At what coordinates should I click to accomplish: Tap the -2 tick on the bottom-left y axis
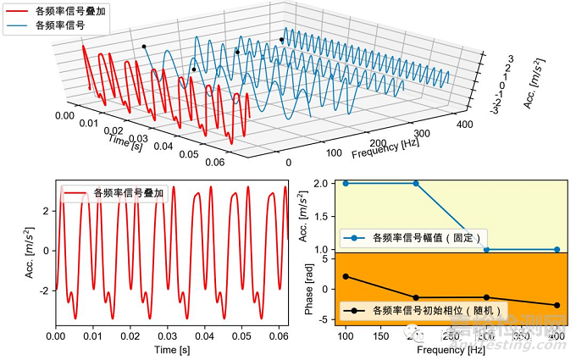[x=47, y=290]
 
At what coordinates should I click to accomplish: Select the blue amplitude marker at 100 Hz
[x=346, y=183]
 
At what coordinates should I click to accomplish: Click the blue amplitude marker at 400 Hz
[x=557, y=250]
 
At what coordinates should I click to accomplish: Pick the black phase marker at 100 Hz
[x=346, y=276]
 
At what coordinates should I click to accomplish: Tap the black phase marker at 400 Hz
[x=557, y=305]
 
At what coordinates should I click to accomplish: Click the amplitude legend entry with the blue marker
[x=415, y=238]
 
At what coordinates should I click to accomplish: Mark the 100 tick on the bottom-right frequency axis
[x=346, y=337]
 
